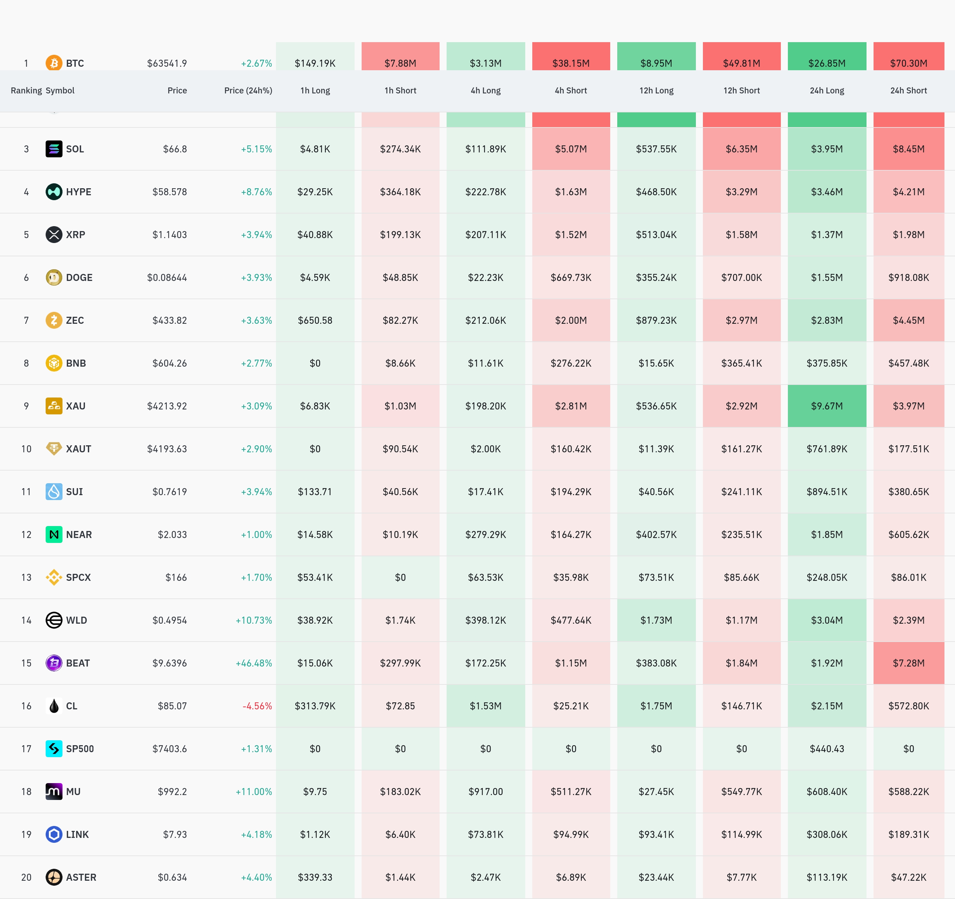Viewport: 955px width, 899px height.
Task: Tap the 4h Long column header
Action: [x=485, y=90]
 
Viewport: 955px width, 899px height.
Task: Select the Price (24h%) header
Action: [x=248, y=90]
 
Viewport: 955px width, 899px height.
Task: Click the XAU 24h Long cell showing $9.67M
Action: [x=827, y=406]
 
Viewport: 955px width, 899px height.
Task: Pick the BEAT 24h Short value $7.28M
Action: [x=908, y=663]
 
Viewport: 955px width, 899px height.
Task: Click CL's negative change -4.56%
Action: [x=257, y=706]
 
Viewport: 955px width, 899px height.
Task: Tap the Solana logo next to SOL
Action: [x=54, y=149]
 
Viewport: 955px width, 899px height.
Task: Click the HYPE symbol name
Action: [x=78, y=192]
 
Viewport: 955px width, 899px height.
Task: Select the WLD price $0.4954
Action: [x=170, y=620]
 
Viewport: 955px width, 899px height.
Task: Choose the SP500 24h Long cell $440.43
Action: [x=827, y=749]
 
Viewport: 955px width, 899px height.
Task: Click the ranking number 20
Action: [x=26, y=877]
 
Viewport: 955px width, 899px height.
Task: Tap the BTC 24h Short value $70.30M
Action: [x=908, y=63]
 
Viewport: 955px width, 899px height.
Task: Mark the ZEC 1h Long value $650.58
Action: [x=315, y=321]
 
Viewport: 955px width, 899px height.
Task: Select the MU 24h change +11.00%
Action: [x=253, y=792]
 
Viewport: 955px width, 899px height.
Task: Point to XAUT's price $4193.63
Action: [x=167, y=449]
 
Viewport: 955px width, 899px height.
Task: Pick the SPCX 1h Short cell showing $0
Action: [x=400, y=578]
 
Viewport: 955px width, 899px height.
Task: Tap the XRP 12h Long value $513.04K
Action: [x=656, y=235]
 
